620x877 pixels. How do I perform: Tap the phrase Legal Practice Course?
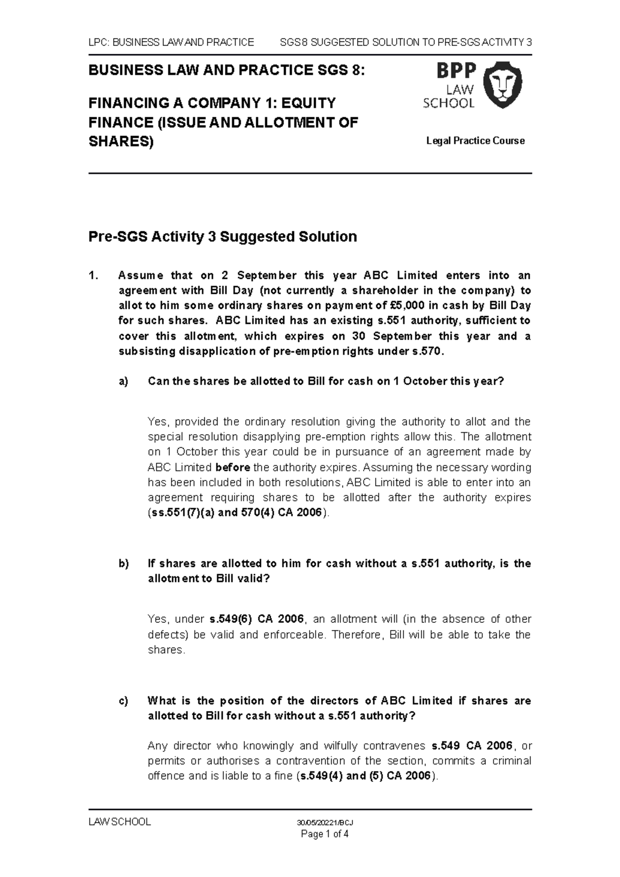[475, 140]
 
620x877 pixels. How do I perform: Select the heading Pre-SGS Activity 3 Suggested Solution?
[223, 237]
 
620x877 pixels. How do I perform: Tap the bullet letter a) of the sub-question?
[122, 381]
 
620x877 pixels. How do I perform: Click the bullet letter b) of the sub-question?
[123, 563]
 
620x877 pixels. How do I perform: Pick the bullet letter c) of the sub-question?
[122, 701]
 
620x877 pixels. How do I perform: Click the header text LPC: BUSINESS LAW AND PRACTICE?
[171, 42]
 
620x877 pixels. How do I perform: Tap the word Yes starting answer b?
[158, 619]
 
